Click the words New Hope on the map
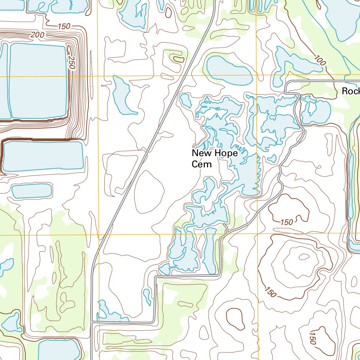tap(214, 153)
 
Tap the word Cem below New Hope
tap(202, 164)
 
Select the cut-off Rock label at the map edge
tap(351, 91)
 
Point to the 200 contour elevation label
tap(38, 34)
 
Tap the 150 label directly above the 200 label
tap(64, 26)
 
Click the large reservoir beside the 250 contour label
tap(38, 81)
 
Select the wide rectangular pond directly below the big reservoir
tap(43, 156)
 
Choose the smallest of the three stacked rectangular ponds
tap(32, 191)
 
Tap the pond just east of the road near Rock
tap(316, 110)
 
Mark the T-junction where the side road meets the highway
tap(92, 321)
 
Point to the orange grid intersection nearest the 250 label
tap(98, 76)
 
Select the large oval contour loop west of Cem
tap(149, 192)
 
